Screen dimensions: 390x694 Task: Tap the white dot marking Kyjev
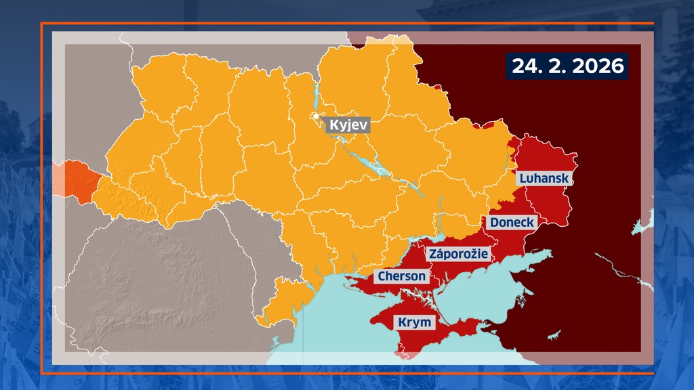point(317,116)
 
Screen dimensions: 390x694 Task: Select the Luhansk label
point(544,179)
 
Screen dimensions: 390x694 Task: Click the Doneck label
point(512,222)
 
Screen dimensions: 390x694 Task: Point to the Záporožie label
point(458,254)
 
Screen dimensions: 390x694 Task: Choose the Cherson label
point(402,276)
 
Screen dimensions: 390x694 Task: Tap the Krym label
point(414,322)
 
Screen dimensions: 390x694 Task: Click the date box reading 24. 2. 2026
point(567,66)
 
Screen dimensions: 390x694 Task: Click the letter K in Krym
point(403,322)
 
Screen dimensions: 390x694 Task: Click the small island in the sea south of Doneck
point(554,334)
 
